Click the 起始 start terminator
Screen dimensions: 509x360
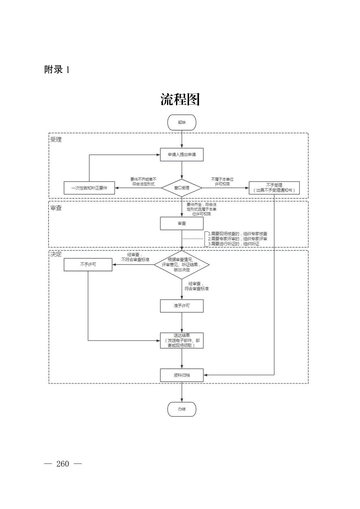[182, 122]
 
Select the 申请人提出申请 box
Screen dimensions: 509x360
[182, 155]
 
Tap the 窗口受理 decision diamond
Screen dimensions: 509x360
[182, 188]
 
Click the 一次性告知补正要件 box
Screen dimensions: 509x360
[89, 188]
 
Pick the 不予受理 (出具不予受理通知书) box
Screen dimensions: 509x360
[274, 188]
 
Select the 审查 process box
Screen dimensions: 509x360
[182, 223]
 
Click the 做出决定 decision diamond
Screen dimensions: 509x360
[182, 265]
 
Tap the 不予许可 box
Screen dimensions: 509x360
[88, 264]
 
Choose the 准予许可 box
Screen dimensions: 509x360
[182, 306]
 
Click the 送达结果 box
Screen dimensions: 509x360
[182, 340]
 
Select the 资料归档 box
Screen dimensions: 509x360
[182, 375]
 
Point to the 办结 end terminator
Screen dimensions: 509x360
[182, 409]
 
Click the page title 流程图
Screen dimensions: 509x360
[180, 99]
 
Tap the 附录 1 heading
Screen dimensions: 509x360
[57, 70]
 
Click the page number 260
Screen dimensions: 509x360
[63, 464]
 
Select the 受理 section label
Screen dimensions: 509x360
[56, 140]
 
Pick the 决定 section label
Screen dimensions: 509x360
[56, 254]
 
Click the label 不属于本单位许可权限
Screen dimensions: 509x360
[222, 181]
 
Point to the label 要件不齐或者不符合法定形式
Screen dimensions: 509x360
[143, 181]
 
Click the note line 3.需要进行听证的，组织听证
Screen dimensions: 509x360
[234, 244]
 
